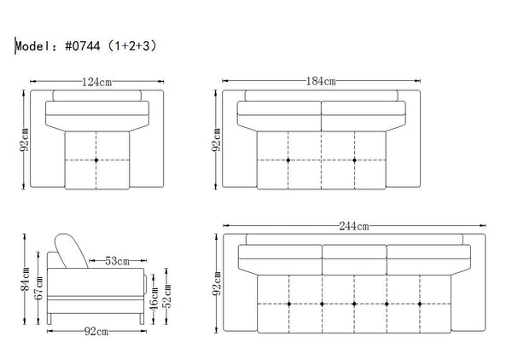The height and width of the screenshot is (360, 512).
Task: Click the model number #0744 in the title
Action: click(x=83, y=46)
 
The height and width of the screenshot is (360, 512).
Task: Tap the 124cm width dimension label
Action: click(x=96, y=82)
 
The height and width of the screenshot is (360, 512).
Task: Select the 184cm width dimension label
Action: click(x=321, y=81)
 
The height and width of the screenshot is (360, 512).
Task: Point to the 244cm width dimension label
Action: click(x=354, y=226)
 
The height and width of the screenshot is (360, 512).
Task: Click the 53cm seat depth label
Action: click(x=117, y=261)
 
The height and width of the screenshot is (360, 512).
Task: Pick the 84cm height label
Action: click(x=25, y=279)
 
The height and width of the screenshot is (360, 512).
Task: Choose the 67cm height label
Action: click(x=38, y=287)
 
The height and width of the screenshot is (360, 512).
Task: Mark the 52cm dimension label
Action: click(x=167, y=296)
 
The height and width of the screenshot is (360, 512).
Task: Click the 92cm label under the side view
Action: click(x=96, y=332)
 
